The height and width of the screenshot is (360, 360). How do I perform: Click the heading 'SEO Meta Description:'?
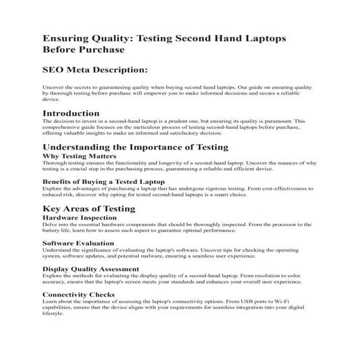[x=95, y=70]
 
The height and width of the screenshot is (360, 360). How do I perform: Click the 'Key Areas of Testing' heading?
[x=89, y=209]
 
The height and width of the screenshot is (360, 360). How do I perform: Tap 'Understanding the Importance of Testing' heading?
[x=135, y=147]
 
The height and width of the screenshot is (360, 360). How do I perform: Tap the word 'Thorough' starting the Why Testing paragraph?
[x=55, y=163]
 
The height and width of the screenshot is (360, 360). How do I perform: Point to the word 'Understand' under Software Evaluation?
[x=57, y=249]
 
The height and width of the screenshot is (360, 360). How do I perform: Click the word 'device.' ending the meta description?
[x=52, y=100]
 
